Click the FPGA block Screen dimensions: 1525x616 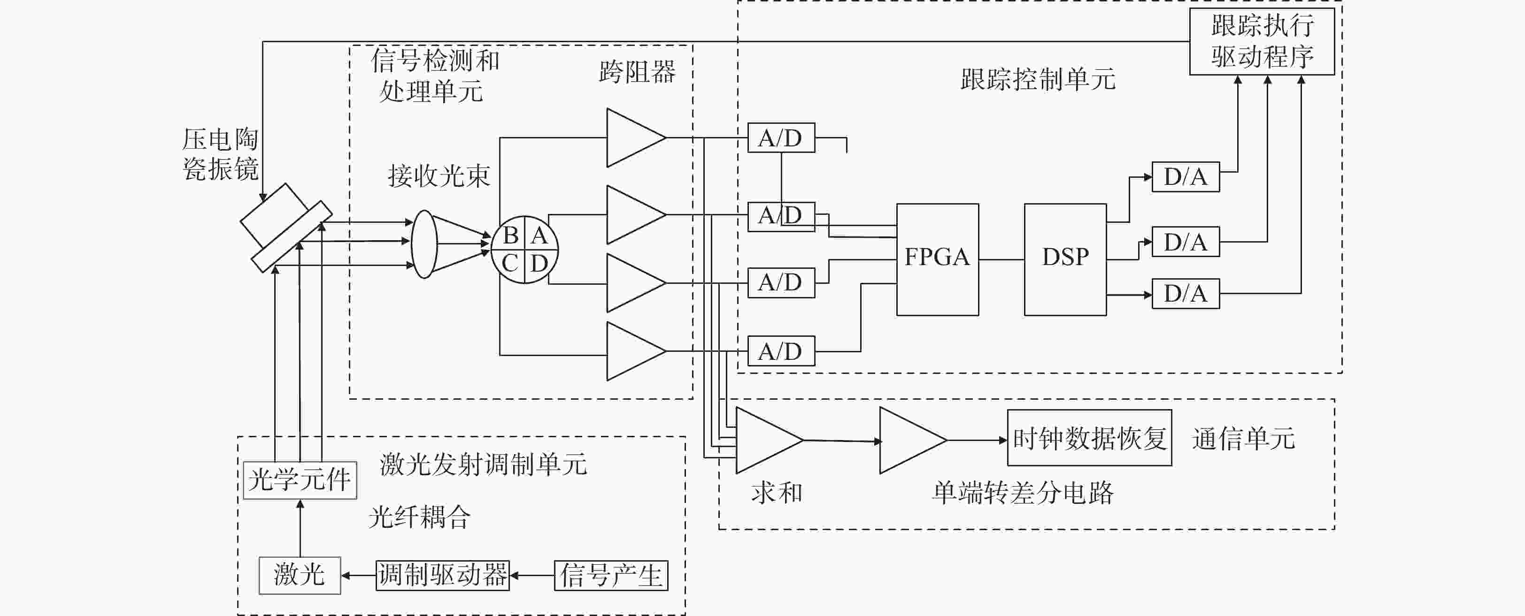point(937,259)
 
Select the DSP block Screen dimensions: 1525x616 point(1065,259)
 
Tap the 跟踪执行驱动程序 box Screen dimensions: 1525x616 point(1262,41)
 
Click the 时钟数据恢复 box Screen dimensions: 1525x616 point(1089,438)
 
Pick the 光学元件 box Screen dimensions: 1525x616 point(300,480)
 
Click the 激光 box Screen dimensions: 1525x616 point(300,575)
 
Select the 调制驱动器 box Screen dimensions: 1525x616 point(443,575)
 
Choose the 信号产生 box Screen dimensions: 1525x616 point(611,576)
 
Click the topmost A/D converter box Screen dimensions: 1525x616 point(781,138)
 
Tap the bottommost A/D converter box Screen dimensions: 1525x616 point(781,351)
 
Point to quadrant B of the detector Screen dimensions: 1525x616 point(510,236)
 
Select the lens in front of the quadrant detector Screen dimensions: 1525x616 point(424,244)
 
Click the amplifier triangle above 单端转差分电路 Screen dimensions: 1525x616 point(913,440)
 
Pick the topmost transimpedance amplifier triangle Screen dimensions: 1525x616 point(636,137)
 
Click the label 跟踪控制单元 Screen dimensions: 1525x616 point(1038,79)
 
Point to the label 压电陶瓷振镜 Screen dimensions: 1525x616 point(220,154)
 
